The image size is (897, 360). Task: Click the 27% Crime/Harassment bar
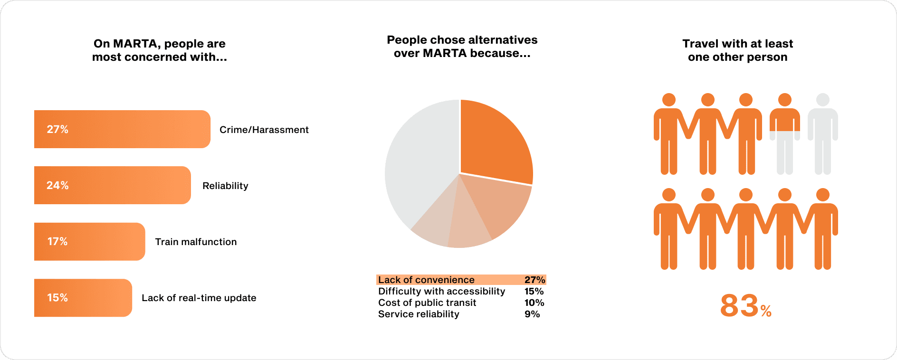pyautogui.click(x=122, y=129)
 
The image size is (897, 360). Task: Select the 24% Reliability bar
pyautogui.click(x=113, y=185)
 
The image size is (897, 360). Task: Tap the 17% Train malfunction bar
pyautogui.click(x=90, y=241)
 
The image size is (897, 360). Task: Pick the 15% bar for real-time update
pyautogui.click(x=83, y=298)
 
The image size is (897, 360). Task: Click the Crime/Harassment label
pyautogui.click(x=264, y=130)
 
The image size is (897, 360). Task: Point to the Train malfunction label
pyautogui.click(x=196, y=242)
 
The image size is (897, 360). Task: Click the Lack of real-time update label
pyautogui.click(x=199, y=298)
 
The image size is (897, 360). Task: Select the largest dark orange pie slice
pyautogui.click(x=494, y=142)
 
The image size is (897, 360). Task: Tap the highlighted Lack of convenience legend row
pyautogui.click(x=461, y=280)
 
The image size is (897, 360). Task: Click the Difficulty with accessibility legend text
pyautogui.click(x=441, y=291)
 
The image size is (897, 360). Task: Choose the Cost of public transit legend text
pyautogui.click(x=427, y=303)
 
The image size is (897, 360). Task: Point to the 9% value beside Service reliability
pyautogui.click(x=532, y=314)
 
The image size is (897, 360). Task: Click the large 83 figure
pyautogui.click(x=739, y=305)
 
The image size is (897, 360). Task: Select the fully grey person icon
pyautogui.click(x=823, y=134)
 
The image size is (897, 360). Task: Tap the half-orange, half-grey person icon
pyautogui.click(x=785, y=134)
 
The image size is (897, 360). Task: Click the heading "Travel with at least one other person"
pyautogui.click(x=738, y=50)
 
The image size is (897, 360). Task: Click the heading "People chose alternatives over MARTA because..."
pyautogui.click(x=462, y=47)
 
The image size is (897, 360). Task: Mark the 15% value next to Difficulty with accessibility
pyautogui.click(x=534, y=291)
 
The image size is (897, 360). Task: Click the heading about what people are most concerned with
pyautogui.click(x=160, y=50)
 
